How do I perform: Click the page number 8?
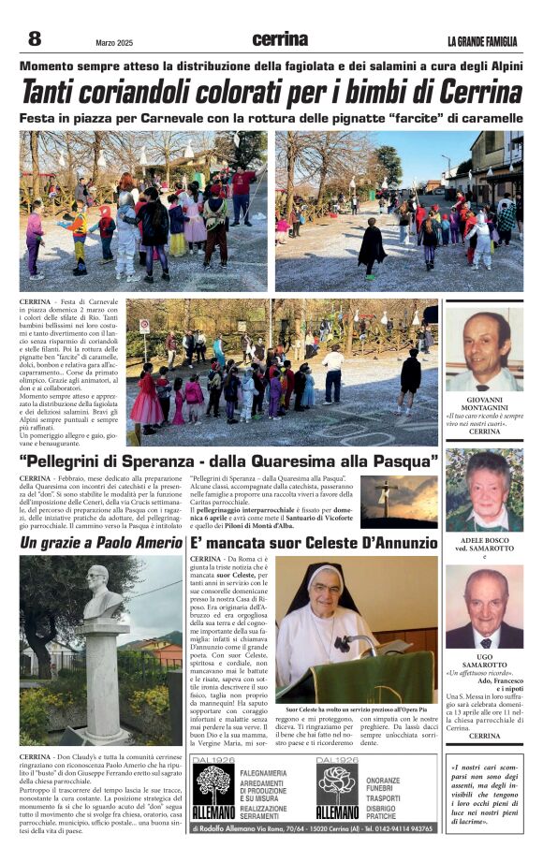(34, 38)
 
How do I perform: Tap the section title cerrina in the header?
(280, 39)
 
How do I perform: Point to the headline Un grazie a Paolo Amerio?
(101, 543)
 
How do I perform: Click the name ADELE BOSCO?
(484, 541)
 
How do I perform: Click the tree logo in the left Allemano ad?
(213, 784)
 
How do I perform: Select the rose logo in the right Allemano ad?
(337, 784)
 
